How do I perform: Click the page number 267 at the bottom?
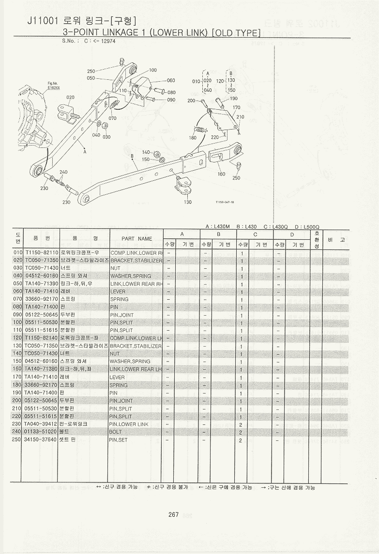174,514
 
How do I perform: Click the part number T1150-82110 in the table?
42,253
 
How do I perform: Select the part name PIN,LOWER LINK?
129,424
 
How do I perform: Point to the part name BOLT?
116,432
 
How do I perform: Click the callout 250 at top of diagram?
91,71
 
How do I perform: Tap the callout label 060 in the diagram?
171,81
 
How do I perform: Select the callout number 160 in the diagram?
221,174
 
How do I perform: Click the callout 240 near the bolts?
63,172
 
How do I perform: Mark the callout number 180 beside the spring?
193,138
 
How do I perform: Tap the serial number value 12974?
107,42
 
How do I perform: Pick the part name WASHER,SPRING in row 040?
131,276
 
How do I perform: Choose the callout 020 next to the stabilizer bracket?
71,97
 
